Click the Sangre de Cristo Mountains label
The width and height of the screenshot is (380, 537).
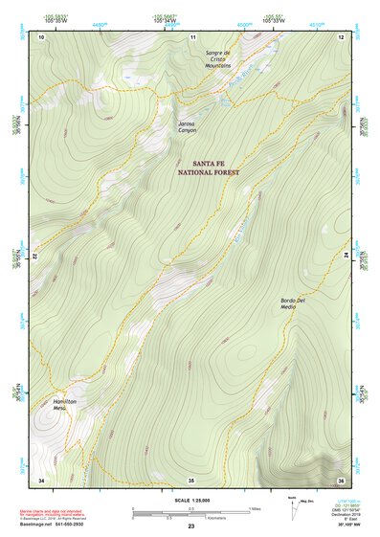[216, 58]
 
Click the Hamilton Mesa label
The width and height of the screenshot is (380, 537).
[64, 404]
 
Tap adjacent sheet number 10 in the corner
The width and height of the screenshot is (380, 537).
[40, 36]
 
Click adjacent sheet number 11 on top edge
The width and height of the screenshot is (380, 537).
[192, 36]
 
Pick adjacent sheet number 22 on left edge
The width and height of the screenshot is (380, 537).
[36, 257]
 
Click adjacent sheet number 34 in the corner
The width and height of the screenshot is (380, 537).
[40, 479]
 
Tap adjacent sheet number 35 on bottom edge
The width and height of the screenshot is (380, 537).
[191, 479]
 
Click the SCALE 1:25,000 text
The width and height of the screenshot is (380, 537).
[191, 500]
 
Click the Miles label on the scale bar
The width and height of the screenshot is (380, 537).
[255, 507]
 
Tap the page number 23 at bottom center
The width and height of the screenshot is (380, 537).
[191, 527]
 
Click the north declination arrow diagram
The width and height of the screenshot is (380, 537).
[292, 504]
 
